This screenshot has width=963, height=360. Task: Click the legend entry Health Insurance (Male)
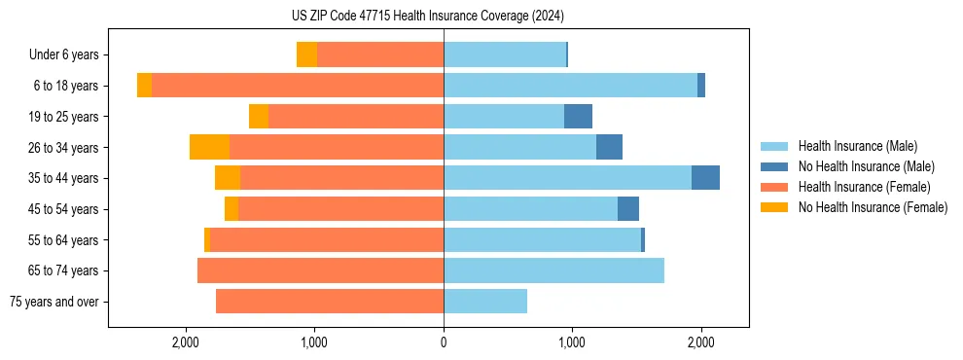tap(857, 146)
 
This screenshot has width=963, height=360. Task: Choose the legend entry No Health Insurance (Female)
tap(873, 207)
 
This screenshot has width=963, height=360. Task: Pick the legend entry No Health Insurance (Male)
tap(866, 166)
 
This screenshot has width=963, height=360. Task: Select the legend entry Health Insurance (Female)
tap(864, 187)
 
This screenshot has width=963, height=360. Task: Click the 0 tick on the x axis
tap(444, 342)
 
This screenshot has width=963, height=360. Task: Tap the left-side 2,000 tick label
tap(186, 342)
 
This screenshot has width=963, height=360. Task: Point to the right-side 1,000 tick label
tap(572, 342)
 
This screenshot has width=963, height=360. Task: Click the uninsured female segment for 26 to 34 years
tap(209, 147)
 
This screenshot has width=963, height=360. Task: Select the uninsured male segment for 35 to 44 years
tap(705, 178)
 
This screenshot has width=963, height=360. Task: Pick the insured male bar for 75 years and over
tap(485, 302)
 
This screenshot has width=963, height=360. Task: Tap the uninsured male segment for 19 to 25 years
tap(578, 117)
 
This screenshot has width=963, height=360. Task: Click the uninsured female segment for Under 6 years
tap(306, 54)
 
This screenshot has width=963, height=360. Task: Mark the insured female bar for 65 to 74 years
tap(320, 270)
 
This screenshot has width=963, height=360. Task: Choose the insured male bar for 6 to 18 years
tap(570, 86)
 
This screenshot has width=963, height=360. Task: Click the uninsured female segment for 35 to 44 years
tap(228, 178)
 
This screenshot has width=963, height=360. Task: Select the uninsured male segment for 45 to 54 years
tap(628, 209)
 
